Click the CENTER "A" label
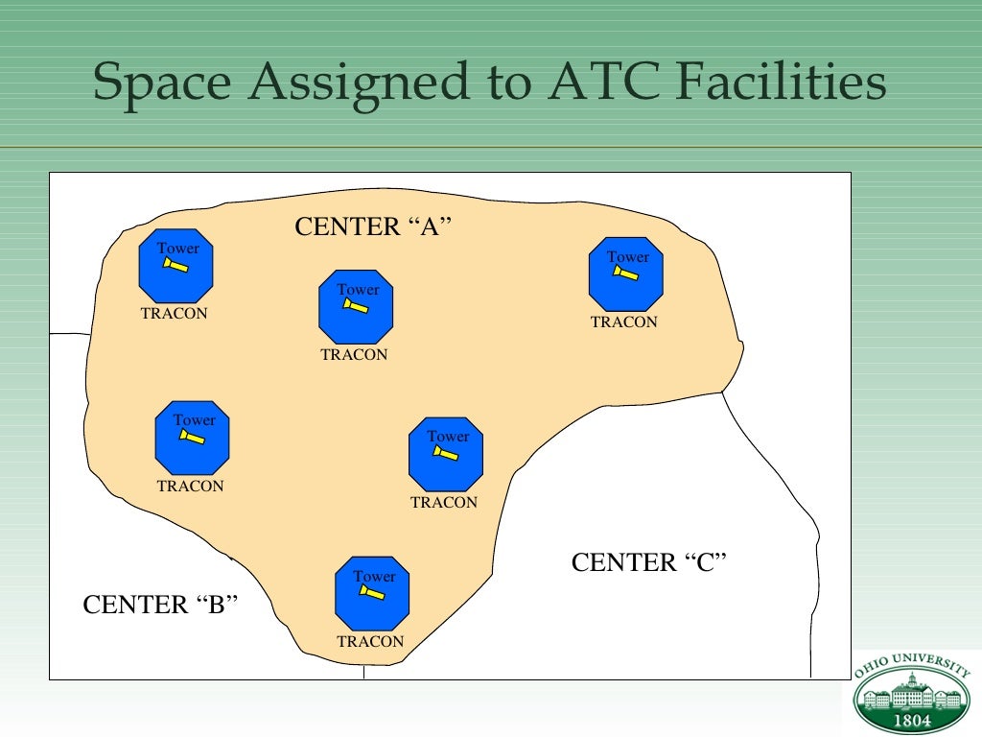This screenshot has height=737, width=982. [x=372, y=227]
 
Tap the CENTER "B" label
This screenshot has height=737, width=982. [x=160, y=605]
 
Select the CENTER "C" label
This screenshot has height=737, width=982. [x=649, y=562]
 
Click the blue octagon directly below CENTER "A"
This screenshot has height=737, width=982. [x=356, y=306]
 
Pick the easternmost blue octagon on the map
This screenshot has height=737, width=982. [x=626, y=273]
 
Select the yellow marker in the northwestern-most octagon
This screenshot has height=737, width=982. [x=175, y=265]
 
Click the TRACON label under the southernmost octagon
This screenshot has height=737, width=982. [x=370, y=642]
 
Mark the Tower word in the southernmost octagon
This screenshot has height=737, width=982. [x=374, y=577]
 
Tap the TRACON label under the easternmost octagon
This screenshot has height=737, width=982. [x=624, y=322]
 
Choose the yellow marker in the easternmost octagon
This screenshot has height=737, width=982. [x=625, y=274]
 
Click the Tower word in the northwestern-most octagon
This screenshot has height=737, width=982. [x=178, y=249]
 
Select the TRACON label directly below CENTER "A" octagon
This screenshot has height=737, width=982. [x=354, y=355]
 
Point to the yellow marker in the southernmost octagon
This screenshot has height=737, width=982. [x=371, y=593]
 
